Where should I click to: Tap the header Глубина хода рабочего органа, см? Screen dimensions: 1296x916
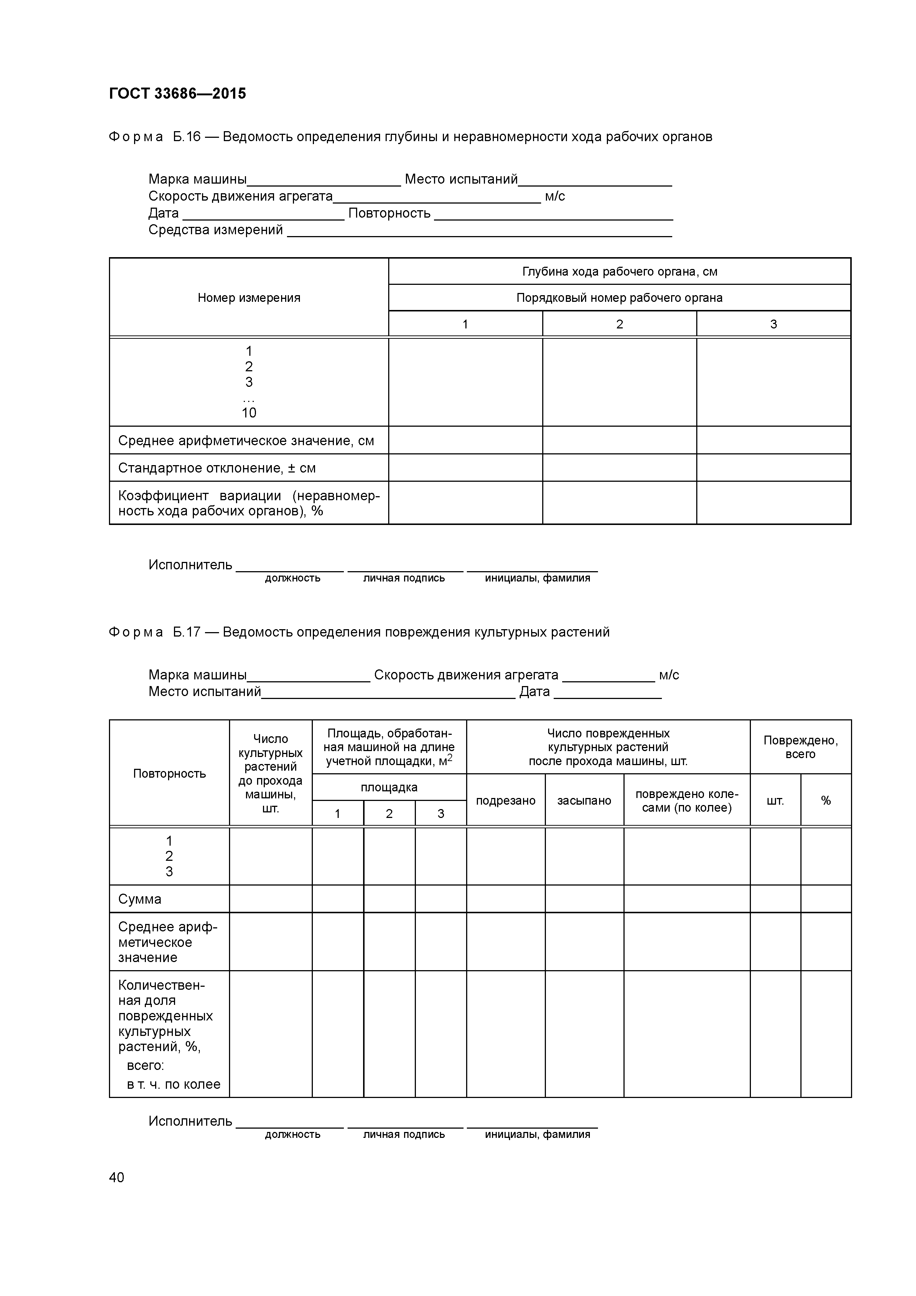coord(619,272)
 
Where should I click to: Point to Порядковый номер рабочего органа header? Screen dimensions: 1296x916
coord(619,297)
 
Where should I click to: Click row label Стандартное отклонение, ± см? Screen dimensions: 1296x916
coord(217,468)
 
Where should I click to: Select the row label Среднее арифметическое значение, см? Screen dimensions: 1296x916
coord(246,441)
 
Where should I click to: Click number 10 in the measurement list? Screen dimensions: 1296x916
coord(249,413)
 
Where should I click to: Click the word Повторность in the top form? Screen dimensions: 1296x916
coord(389,214)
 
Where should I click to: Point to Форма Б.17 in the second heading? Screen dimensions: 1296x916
coord(154,632)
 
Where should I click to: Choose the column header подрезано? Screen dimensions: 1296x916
coord(505,801)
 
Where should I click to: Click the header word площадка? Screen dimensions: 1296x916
coord(389,787)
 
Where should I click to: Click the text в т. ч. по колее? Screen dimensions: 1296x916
coord(173,1084)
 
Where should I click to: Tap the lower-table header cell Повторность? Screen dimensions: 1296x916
coord(169,773)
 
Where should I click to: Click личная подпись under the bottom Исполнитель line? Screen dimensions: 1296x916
coord(404,1135)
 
